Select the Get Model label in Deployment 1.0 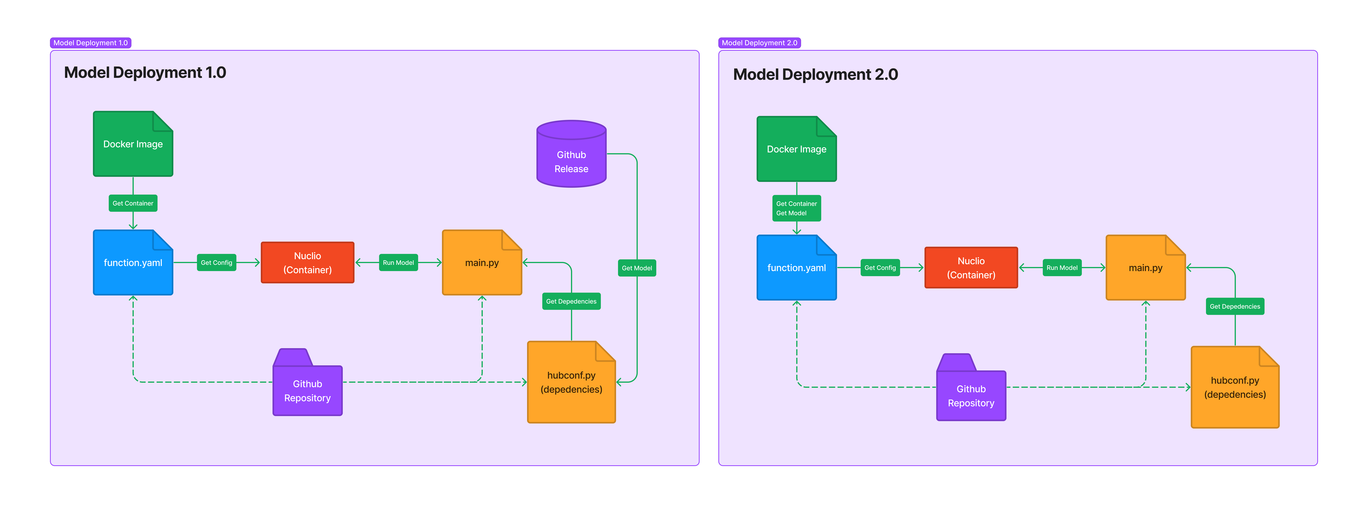[x=637, y=268]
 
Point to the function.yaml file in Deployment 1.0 [x=133, y=263]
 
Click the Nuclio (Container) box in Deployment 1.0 [x=307, y=263]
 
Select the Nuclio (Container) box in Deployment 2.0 [x=971, y=268]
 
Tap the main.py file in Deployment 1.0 [x=482, y=263]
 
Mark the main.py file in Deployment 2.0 [x=1145, y=268]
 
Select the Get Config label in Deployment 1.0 [x=216, y=263]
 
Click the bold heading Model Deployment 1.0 [x=145, y=73]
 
